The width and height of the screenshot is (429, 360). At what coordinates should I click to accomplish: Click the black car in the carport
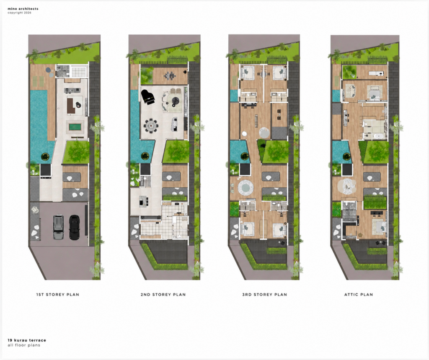[x=75, y=227]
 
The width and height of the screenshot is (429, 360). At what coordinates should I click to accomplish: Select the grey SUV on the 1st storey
[x=58, y=227]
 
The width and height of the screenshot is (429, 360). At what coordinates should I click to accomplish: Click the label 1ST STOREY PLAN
[x=58, y=295]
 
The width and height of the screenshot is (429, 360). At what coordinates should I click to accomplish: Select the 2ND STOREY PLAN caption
[x=163, y=295]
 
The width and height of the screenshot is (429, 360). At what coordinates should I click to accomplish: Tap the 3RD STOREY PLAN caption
[x=265, y=295]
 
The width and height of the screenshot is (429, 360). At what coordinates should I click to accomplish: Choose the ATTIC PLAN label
[x=359, y=295]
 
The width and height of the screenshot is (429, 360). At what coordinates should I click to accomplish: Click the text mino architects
[x=23, y=9]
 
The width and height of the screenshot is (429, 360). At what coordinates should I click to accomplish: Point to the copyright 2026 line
[x=19, y=13]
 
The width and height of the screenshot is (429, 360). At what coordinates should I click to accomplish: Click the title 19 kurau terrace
[x=27, y=340]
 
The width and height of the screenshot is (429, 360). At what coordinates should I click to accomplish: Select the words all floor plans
[x=24, y=345]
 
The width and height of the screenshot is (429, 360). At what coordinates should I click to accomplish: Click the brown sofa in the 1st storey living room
[x=71, y=106]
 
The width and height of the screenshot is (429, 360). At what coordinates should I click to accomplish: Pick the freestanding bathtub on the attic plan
[x=379, y=136]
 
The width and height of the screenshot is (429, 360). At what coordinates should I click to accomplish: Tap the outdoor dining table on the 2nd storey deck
[x=170, y=75]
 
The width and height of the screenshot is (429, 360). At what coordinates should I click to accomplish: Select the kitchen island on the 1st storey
[x=72, y=90]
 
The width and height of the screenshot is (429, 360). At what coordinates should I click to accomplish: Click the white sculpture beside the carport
[x=35, y=210]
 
